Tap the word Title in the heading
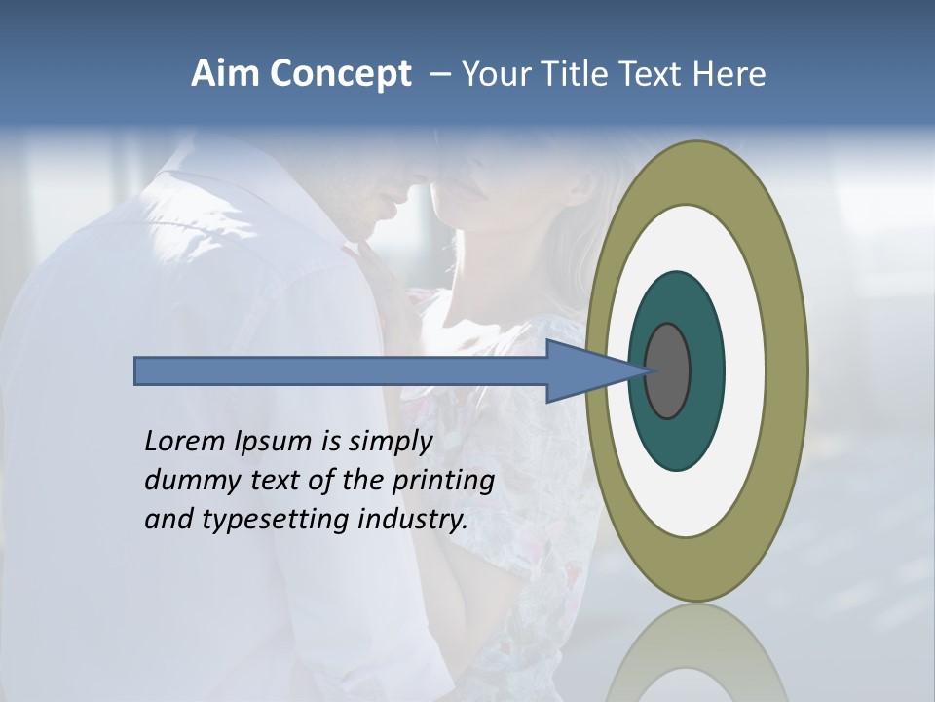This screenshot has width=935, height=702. [x=575, y=74]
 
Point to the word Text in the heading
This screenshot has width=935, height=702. [x=654, y=74]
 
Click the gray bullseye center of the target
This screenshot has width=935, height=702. [x=668, y=370]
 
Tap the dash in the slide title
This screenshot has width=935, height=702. [x=439, y=75]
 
